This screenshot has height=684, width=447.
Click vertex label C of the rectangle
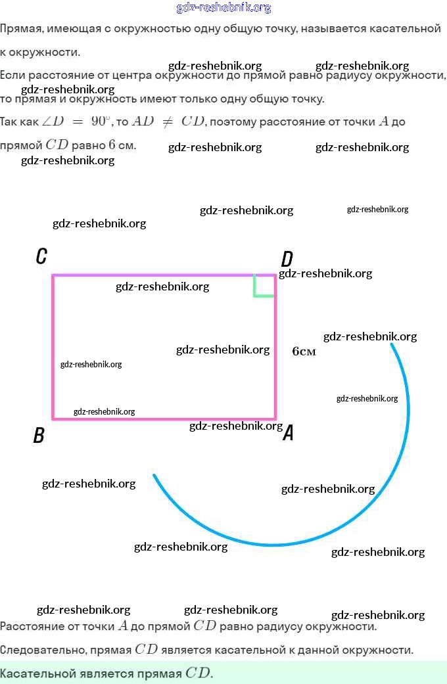[x=41, y=256]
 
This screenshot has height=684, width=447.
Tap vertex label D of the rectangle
[x=287, y=259]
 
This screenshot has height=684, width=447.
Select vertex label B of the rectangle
[x=39, y=435]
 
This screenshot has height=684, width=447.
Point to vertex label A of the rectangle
[x=288, y=433]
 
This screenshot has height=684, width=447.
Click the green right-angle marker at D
[x=263, y=287]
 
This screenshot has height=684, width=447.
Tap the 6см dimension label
[x=304, y=352]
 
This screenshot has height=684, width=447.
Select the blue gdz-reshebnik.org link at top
[x=223, y=8]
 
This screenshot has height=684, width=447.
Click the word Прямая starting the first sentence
[x=18, y=28]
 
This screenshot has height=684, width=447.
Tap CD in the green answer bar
[x=199, y=673]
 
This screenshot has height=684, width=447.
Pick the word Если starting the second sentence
[x=12, y=75]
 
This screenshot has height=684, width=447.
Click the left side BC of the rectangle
[x=53, y=347]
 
